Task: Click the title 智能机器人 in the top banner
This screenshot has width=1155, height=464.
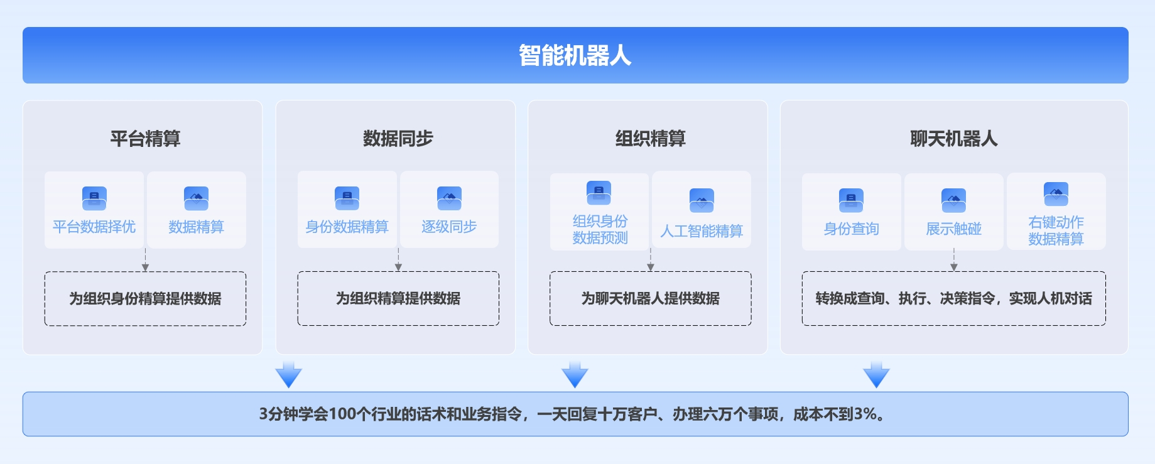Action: point(575,55)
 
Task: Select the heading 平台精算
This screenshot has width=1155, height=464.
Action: point(145,138)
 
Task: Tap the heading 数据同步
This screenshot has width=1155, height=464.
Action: point(398,138)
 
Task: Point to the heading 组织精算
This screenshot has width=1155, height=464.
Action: point(650,138)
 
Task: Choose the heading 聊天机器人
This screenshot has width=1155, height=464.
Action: point(953,138)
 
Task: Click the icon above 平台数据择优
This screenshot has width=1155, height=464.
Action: point(94,198)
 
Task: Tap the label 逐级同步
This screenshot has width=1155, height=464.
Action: point(449,227)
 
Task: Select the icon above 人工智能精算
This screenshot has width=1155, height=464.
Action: point(702,200)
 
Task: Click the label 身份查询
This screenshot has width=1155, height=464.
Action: point(851,229)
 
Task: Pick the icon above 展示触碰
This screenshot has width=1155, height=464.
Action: point(953,200)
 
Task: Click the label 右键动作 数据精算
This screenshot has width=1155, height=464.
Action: point(1056,230)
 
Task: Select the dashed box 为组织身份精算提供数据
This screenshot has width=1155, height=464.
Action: point(145,298)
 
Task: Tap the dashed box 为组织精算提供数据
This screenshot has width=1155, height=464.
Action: point(398,298)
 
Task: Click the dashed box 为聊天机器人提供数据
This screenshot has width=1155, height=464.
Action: point(650,298)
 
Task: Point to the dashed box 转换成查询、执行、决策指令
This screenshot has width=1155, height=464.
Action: point(953,298)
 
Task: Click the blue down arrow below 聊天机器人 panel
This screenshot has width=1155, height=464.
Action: point(876,375)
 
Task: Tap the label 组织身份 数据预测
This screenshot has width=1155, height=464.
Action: point(600,229)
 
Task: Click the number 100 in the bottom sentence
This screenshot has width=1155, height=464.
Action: point(342,414)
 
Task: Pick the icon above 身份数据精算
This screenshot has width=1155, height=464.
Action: point(347,198)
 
